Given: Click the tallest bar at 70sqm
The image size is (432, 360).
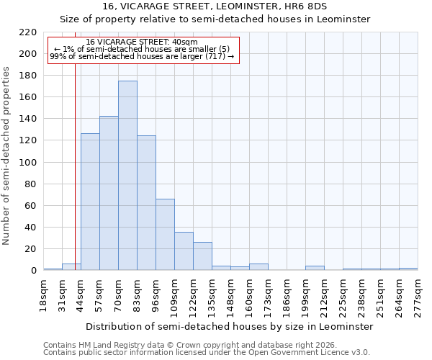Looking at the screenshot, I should (127, 176).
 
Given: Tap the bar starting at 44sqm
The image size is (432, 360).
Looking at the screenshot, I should (90, 202).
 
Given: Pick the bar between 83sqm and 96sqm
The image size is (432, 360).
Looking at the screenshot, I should (146, 203).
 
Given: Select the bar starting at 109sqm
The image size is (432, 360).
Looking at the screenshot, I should (184, 251).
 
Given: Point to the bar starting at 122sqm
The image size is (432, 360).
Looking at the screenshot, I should (202, 256).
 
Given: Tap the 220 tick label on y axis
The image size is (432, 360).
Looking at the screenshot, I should (28, 32).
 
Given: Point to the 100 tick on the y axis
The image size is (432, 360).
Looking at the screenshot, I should (28, 163).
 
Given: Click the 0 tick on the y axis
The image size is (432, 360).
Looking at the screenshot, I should (34, 271).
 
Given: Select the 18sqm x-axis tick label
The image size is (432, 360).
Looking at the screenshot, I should (44, 293).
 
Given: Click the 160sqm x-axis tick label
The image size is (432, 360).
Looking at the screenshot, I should (250, 295).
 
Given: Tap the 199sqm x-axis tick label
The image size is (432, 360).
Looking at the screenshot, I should (306, 295).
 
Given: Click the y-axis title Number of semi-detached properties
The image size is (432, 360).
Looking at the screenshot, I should (7, 156).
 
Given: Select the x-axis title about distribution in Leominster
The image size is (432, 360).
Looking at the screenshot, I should (229, 327).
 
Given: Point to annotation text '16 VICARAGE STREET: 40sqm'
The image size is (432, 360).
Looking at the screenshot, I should (141, 42).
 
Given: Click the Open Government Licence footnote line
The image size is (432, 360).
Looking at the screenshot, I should (207, 353).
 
